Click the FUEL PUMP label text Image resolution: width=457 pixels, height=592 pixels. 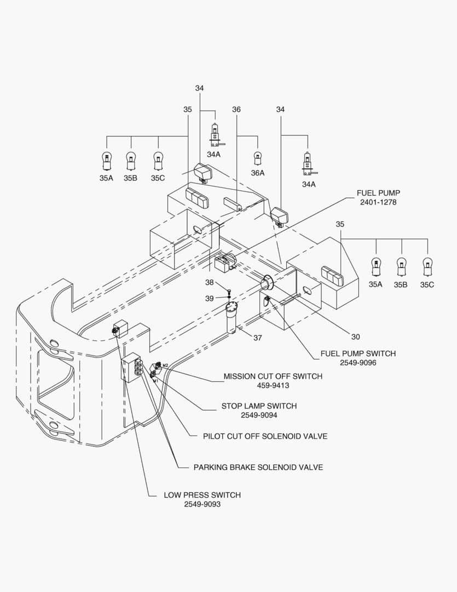(x=378, y=193)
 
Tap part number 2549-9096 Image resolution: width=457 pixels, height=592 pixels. (x=358, y=363)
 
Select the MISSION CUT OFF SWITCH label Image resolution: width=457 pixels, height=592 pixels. (x=273, y=377)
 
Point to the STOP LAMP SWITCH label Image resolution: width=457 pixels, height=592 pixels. (x=259, y=406)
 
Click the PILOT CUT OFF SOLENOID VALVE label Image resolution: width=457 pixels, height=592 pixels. (x=265, y=436)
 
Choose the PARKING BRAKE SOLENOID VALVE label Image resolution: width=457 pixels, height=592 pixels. (x=258, y=468)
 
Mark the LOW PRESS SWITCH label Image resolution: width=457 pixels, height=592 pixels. (x=202, y=495)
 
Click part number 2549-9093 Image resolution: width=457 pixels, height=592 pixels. (x=202, y=504)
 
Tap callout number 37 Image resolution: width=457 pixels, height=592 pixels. (x=258, y=338)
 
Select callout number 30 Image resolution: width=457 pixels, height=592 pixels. (x=356, y=337)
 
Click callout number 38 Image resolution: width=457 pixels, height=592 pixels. (x=209, y=282)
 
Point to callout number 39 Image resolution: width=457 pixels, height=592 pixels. (x=209, y=299)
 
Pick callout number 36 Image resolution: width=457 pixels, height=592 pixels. (x=236, y=110)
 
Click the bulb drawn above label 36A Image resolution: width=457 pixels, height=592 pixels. (x=258, y=158)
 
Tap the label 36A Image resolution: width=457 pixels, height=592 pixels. (x=258, y=173)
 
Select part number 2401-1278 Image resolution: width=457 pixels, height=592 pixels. (x=378, y=202)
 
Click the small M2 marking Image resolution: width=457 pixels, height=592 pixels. (x=165, y=365)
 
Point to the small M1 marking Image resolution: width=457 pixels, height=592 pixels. (x=155, y=381)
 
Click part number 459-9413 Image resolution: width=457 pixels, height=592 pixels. (x=273, y=386)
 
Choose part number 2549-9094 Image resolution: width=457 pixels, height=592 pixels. (x=259, y=415)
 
